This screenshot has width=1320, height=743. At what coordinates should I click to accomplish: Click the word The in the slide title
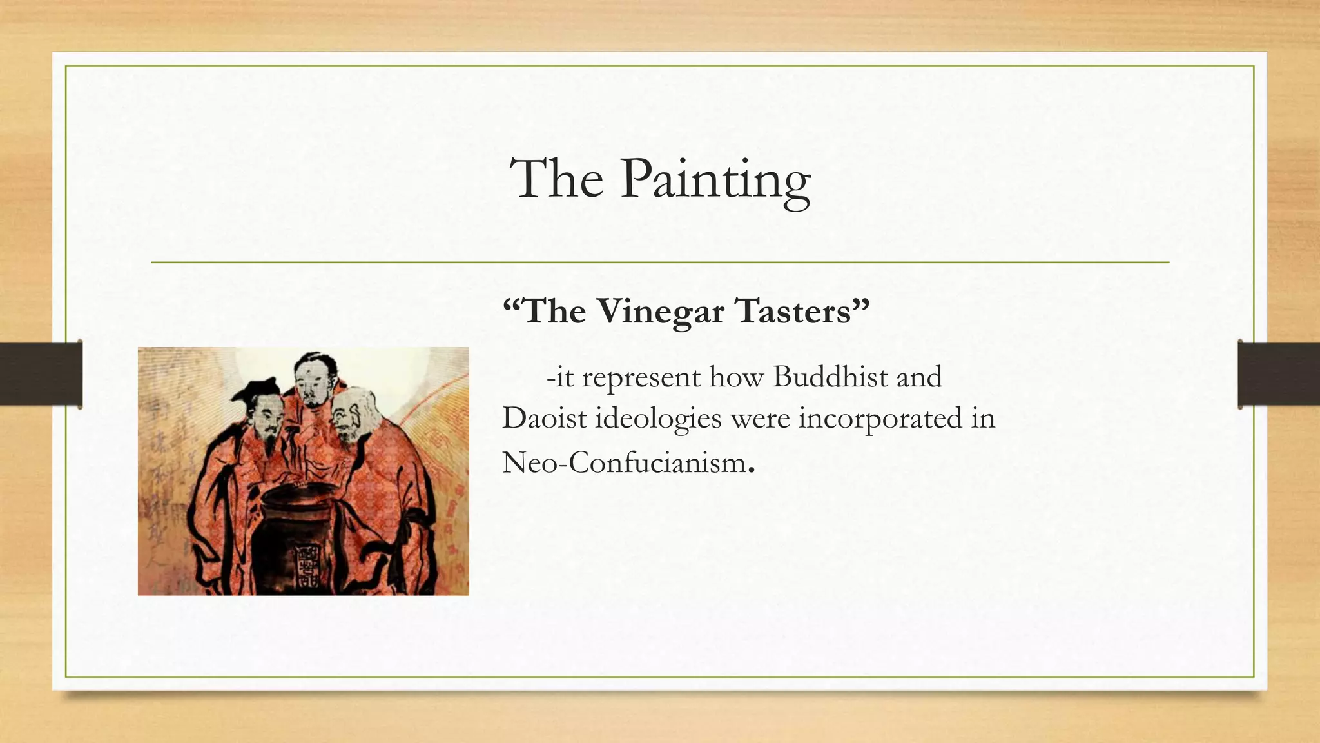556,179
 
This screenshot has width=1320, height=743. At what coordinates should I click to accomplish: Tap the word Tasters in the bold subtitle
802,311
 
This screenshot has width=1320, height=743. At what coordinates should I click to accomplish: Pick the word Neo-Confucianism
623,462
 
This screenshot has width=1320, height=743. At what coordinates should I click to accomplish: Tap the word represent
641,378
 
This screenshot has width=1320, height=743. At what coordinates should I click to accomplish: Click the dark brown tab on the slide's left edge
41,374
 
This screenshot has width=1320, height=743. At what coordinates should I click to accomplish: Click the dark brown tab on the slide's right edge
1279,374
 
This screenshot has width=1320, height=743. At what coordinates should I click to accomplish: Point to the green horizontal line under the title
660,263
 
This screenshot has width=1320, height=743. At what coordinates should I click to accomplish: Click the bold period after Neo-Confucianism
751,471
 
